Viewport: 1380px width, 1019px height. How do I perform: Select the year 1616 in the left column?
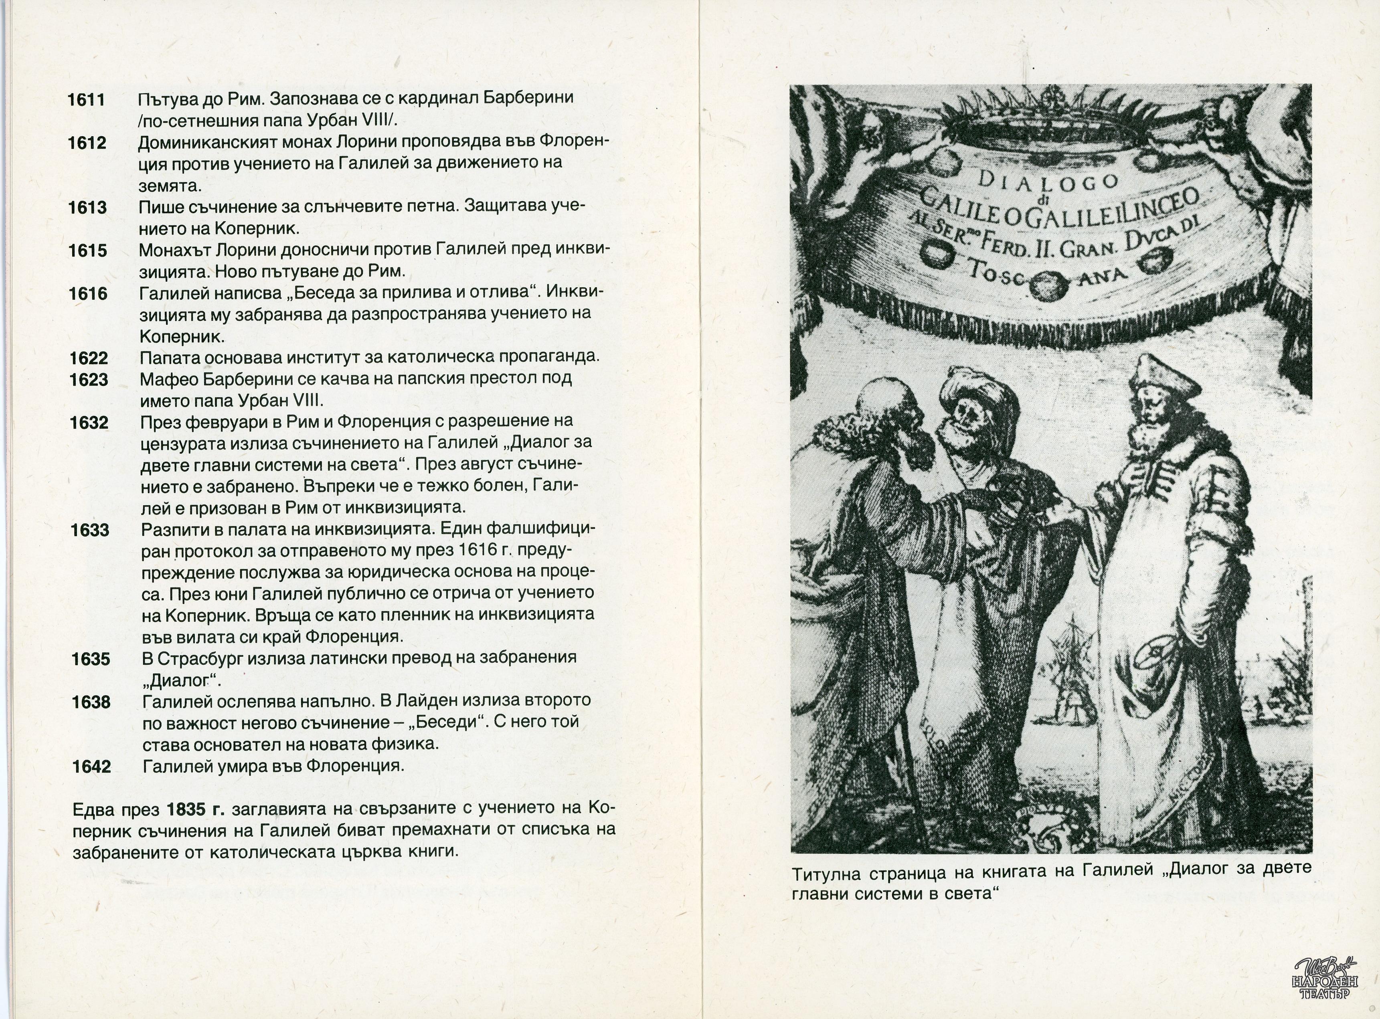88,294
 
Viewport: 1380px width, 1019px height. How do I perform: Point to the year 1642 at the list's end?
91,767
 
